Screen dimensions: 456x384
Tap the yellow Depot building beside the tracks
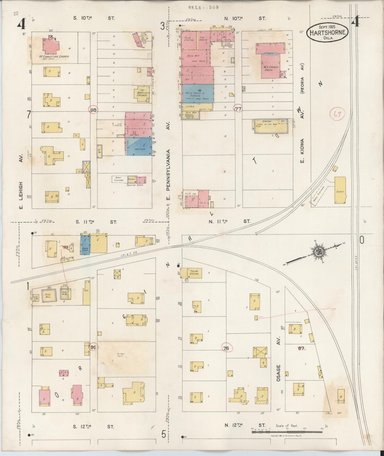[x=340, y=190]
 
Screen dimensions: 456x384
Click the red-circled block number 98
[x=93, y=110]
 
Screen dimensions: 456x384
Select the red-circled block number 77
[x=238, y=108]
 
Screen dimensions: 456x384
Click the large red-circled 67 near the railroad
[x=337, y=114]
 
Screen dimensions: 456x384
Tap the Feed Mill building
[x=48, y=295]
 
